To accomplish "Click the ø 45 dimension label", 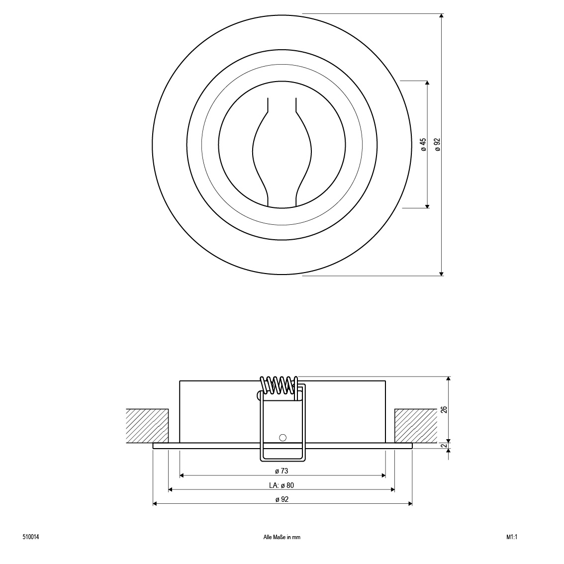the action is [424, 144].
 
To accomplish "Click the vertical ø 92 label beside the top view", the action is [437, 144].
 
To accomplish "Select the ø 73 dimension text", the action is [282, 471].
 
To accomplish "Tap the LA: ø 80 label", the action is [282, 485].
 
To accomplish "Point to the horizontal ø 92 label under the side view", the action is [282, 499].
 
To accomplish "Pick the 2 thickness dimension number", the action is [444, 446].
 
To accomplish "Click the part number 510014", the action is [30, 537].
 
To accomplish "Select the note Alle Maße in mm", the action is [282, 537].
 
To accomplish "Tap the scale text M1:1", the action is [511, 537].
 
